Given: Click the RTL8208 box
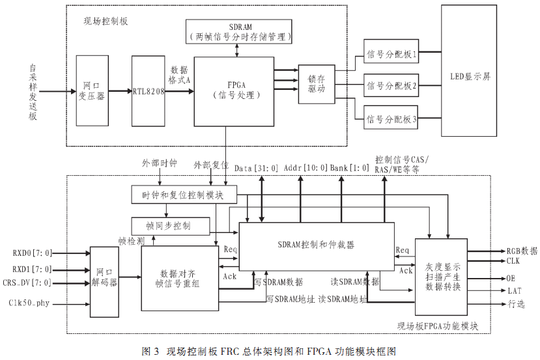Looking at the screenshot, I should point(149,91).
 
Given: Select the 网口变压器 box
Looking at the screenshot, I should point(92,91).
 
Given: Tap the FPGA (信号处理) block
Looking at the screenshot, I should point(235,90).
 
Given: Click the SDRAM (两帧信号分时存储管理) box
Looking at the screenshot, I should point(239,32).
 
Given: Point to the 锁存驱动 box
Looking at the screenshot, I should point(316,84).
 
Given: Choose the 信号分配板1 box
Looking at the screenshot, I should point(391,55).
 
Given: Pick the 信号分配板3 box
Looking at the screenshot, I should point(391,119).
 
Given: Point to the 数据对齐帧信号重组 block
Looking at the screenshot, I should point(180,279).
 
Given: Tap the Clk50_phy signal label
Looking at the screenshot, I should point(31,303).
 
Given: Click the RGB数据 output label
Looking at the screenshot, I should point(522,251).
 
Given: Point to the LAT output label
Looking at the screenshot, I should point(514,290).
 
